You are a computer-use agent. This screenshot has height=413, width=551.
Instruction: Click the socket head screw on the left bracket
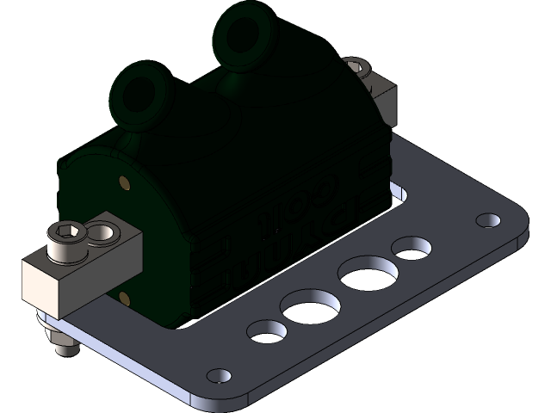(x=68, y=242)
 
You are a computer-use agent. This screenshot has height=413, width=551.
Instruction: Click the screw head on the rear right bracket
(x=355, y=65)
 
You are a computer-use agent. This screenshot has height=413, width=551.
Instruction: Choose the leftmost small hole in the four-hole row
(x=267, y=329)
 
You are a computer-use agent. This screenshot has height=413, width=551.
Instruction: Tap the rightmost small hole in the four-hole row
(x=411, y=248)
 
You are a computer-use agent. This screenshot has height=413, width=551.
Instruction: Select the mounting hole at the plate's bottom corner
(x=220, y=376)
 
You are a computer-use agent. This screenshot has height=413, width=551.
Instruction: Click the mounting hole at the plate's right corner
(x=488, y=220)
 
